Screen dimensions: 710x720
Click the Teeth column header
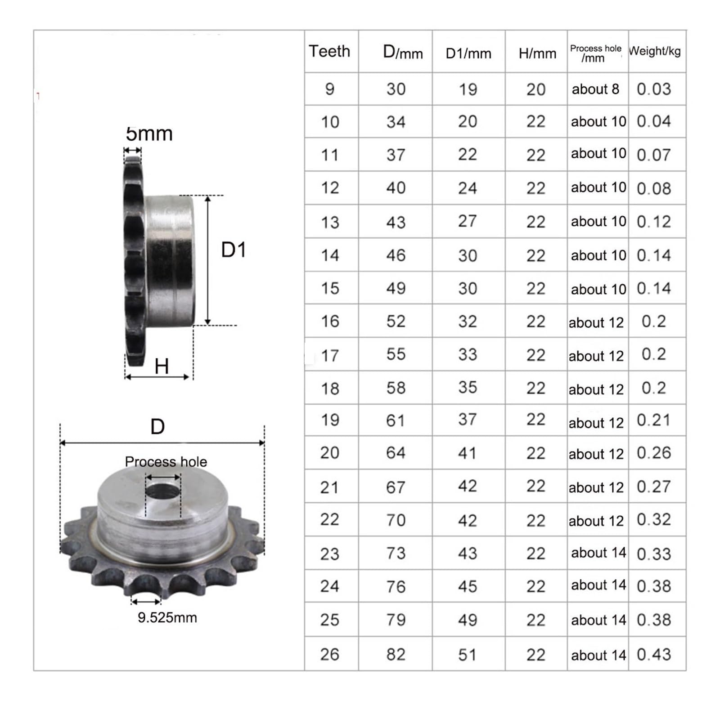tap(329, 51)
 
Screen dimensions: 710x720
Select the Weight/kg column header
tap(655, 51)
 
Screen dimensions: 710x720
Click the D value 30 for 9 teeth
tap(396, 89)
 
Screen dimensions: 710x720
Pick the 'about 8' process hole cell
tap(595, 89)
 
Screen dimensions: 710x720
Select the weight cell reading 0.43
tap(654, 654)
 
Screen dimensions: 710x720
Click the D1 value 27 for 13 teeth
tap(468, 221)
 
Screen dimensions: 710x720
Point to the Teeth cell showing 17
tap(330, 356)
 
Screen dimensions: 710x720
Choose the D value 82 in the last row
tap(396, 654)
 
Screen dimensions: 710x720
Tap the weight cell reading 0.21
tap(654, 420)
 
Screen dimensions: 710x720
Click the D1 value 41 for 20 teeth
tap(468, 453)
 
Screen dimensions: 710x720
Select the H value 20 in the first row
tap(536, 89)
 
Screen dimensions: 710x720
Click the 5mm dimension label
tap(149, 134)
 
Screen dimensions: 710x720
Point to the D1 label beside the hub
tap(234, 250)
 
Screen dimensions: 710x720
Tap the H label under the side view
tap(162, 366)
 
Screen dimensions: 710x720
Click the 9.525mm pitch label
tap(167, 617)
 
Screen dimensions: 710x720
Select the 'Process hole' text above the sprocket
tap(166, 462)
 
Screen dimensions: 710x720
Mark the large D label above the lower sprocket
tap(157, 426)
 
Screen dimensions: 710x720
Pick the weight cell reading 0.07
tap(654, 155)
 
